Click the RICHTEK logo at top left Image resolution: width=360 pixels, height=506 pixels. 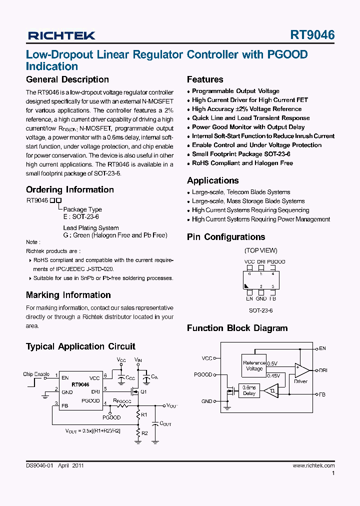coord(61,35)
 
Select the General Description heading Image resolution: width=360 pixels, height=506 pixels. coord(67,79)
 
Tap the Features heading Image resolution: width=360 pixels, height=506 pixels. coord(205,79)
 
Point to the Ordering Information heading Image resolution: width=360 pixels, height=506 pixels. coord(69,189)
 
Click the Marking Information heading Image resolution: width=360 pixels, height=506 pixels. coord(68,295)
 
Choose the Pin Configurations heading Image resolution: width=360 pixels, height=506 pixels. coord(225,237)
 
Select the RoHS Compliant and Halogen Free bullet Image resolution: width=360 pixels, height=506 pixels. coord(242,163)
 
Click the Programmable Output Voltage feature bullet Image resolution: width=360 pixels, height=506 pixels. coord(235,91)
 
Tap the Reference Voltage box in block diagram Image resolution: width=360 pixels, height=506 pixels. coord(254,365)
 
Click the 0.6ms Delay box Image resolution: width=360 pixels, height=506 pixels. coord(249,390)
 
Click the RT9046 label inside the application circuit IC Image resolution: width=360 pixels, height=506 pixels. coord(80,384)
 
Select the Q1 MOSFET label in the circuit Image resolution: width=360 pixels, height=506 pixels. coord(143,392)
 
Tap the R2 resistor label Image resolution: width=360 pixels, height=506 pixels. coord(144,433)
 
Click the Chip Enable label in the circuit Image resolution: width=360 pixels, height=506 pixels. coord(36,374)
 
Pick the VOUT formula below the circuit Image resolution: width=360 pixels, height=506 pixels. coord(93,430)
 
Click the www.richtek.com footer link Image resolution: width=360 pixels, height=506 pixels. coord(313,465)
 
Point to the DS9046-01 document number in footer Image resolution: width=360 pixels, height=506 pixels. coord(39,465)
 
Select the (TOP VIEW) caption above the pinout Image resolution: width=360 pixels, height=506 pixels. coord(260,250)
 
